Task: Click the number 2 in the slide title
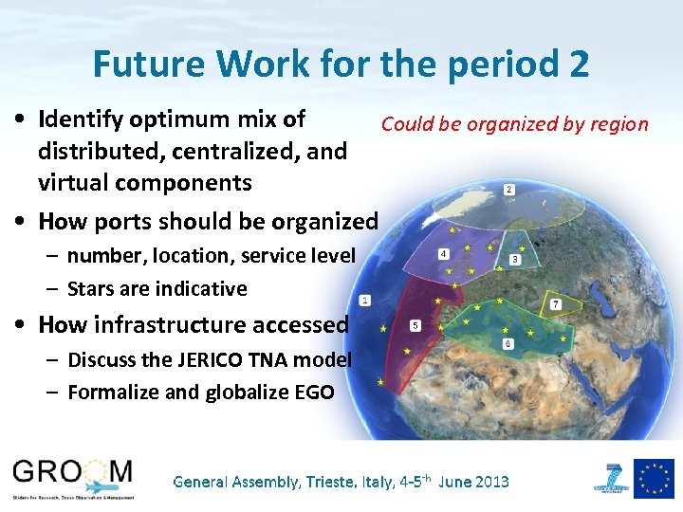pos(578,64)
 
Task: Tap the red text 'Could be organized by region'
pos(514,124)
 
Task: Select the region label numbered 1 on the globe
pos(365,300)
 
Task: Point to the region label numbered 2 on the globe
pos(509,190)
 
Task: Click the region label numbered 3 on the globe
pos(515,259)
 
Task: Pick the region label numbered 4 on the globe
pos(444,254)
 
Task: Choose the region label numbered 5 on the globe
pos(415,326)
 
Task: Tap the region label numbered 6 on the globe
pos(508,344)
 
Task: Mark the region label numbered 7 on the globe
pos(556,304)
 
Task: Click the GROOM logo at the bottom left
pos(73,474)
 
